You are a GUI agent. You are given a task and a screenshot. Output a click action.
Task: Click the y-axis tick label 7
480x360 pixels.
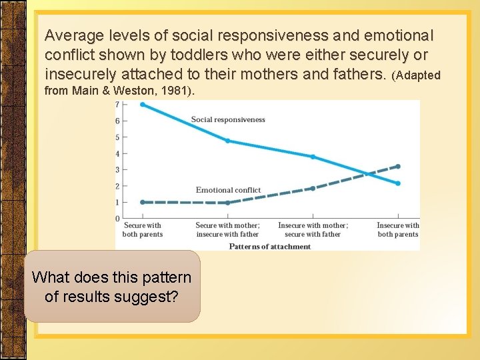(x=117, y=105)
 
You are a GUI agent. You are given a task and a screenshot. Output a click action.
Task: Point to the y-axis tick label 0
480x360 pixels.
(x=117, y=219)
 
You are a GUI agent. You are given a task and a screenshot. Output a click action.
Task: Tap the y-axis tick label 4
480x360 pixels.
(x=117, y=153)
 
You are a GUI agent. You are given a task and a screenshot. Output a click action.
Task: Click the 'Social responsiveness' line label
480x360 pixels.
(x=228, y=120)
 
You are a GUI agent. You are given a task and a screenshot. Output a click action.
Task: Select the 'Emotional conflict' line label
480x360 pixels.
(x=228, y=190)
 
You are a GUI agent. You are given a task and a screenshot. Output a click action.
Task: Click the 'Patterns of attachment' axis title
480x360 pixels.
(x=270, y=247)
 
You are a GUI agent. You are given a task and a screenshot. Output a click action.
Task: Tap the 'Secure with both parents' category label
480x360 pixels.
(x=143, y=230)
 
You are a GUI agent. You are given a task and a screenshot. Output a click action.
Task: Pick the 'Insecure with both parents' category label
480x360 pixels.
(x=398, y=230)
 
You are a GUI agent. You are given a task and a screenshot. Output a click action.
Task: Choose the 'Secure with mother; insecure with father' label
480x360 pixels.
(x=227, y=230)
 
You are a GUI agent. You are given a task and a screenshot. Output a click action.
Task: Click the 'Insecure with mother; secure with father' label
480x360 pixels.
(x=313, y=230)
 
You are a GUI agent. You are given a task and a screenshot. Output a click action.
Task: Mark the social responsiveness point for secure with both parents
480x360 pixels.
(x=143, y=104)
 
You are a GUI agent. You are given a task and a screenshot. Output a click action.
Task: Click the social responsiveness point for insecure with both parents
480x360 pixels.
(x=398, y=183)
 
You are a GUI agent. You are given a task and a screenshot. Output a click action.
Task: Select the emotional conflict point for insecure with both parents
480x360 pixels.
(x=398, y=166)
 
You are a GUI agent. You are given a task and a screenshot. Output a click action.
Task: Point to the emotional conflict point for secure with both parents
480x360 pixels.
(x=143, y=202)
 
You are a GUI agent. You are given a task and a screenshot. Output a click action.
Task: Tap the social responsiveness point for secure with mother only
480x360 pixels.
(x=228, y=141)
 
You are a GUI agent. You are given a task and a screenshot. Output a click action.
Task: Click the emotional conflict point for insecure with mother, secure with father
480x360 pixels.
(x=313, y=189)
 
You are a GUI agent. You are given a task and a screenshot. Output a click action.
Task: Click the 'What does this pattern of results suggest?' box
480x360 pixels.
(x=112, y=287)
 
